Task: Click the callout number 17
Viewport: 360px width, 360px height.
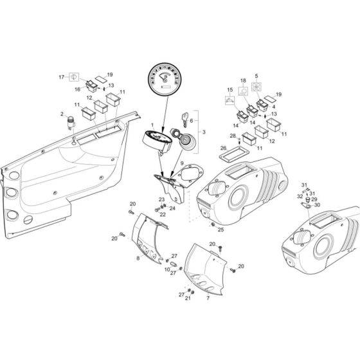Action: [62, 77]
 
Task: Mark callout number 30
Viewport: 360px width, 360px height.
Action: [317, 205]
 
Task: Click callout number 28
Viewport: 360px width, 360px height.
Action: [232, 136]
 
